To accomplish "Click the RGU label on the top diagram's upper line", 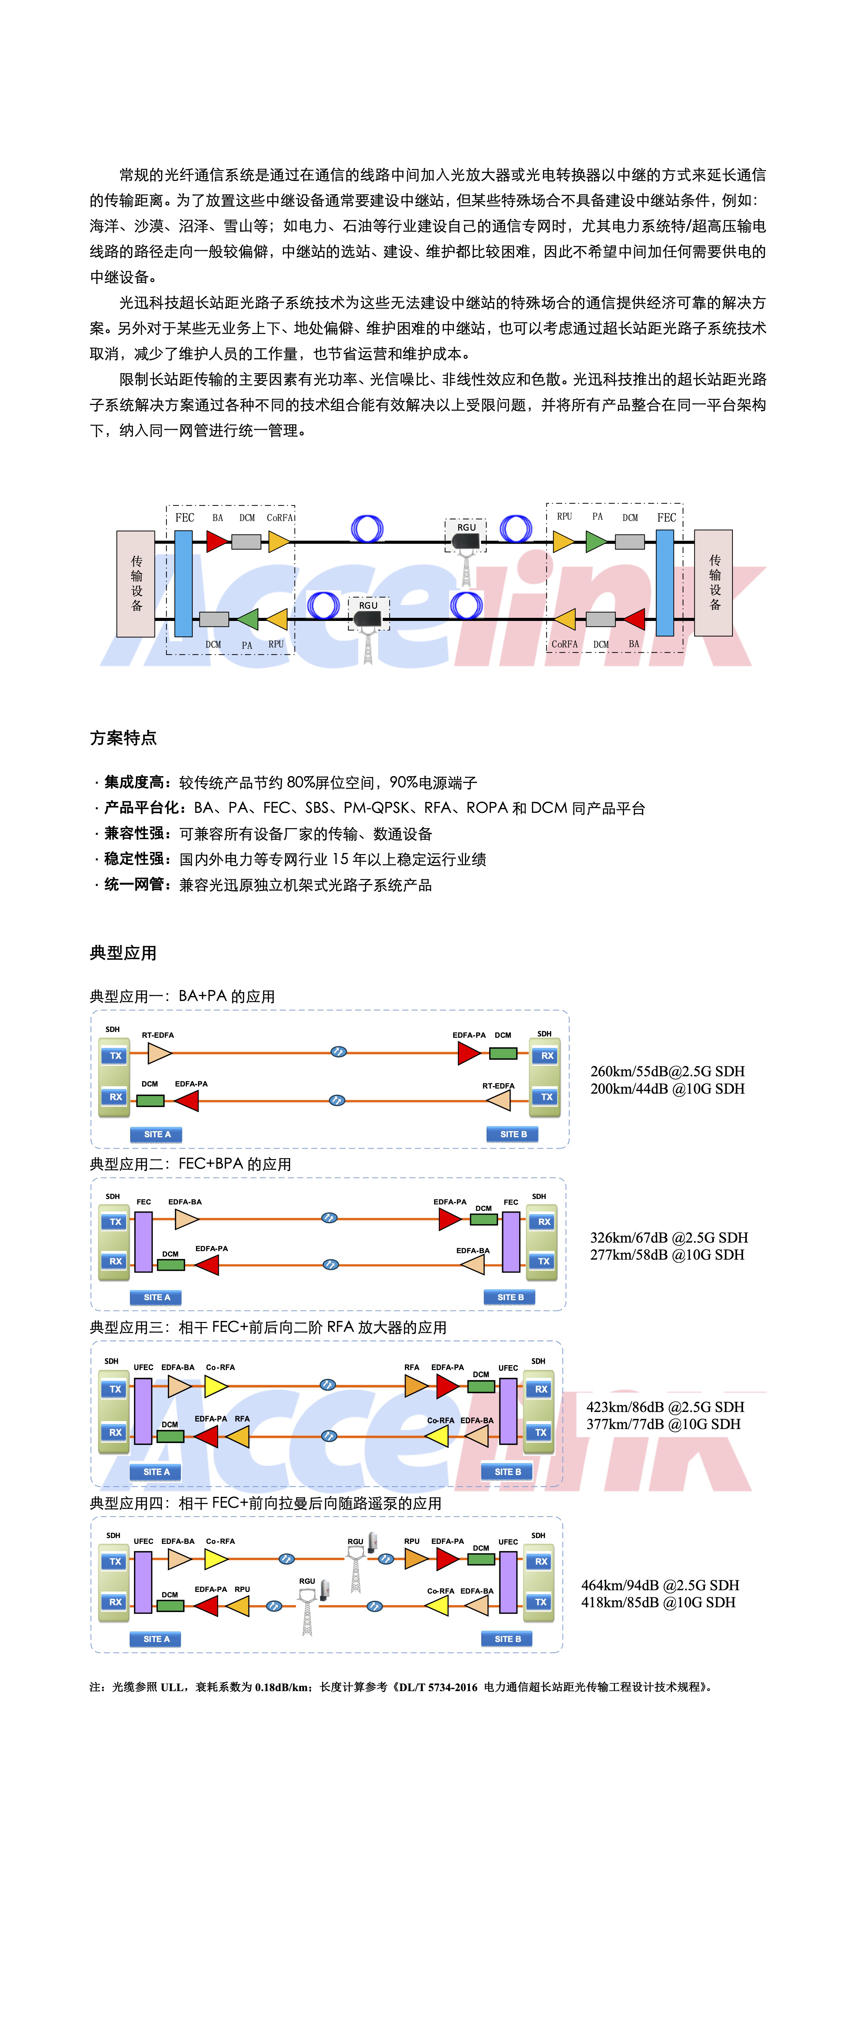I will click(466, 527).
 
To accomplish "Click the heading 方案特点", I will click(123, 738).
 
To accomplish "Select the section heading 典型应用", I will click(123, 953).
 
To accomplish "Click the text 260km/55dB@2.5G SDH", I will click(667, 1071).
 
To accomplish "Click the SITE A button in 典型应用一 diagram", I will click(156, 1135).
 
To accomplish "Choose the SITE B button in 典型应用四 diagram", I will click(507, 1639).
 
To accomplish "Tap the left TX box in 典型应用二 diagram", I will click(115, 1221).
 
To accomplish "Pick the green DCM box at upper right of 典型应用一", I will click(503, 1053).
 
